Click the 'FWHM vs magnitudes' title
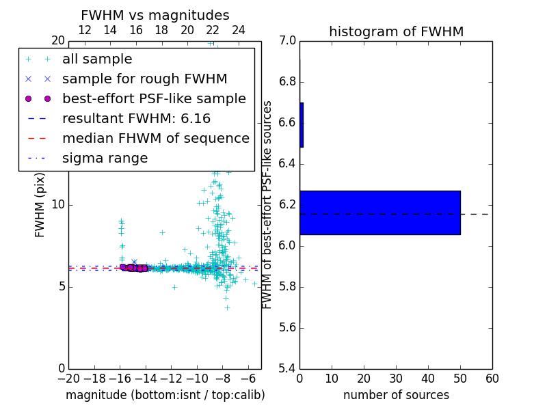(x=155, y=15)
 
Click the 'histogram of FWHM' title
(x=396, y=31)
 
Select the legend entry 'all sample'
(x=97, y=59)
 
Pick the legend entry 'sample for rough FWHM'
(x=144, y=79)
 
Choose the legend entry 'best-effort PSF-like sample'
(x=154, y=98)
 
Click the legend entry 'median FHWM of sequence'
(x=155, y=138)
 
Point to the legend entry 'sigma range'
(x=105, y=158)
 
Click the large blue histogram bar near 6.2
(x=379, y=213)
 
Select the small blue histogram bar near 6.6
(x=302, y=125)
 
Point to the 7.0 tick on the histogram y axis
(x=288, y=41)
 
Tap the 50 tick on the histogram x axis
(x=460, y=379)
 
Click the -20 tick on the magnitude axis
(x=68, y=379)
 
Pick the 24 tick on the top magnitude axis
(x=239, y=30)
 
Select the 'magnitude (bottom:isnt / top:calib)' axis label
(x=165, y=395)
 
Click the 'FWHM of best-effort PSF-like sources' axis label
(x=268, y=204)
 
